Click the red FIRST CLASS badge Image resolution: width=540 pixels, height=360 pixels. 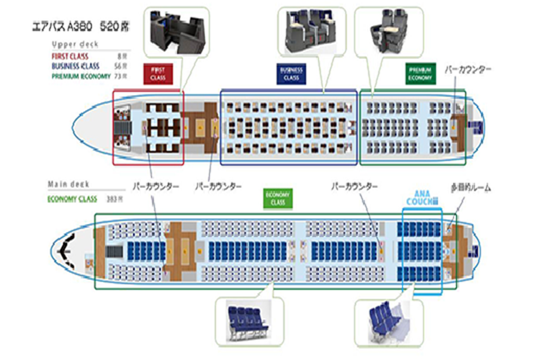pos(158,73)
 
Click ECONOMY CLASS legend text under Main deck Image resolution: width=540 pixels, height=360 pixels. pos(72,198)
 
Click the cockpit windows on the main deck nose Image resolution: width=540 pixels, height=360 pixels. pos(68,248)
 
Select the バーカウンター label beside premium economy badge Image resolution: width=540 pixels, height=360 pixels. pos(467,69)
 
